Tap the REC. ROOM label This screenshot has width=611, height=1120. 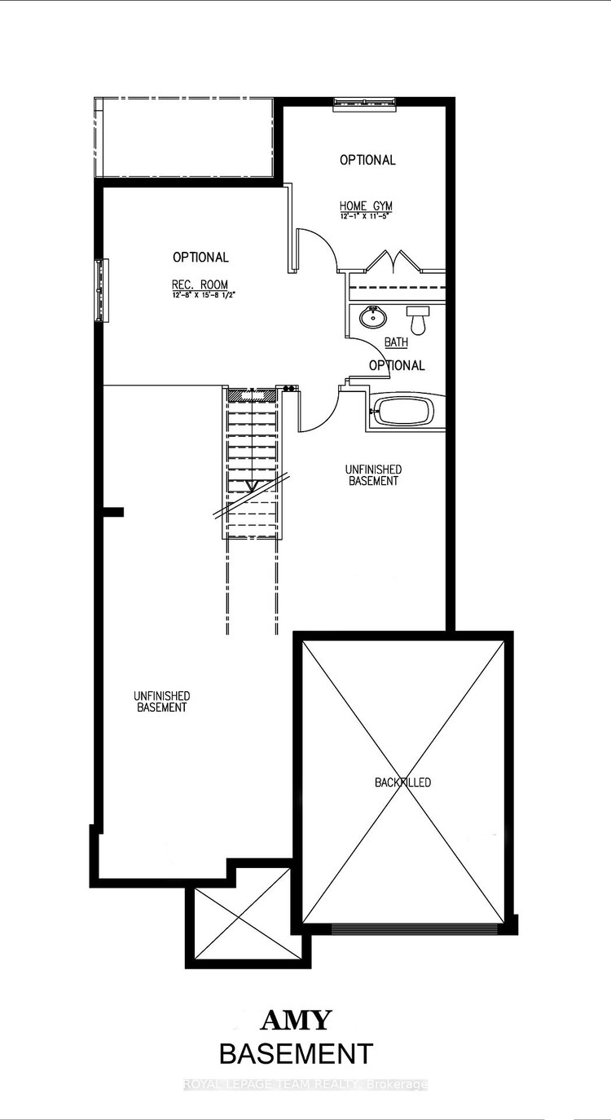point(200,284)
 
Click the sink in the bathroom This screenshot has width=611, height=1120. point(375,315)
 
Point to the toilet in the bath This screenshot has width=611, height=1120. point(419,320)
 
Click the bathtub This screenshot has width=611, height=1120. point(402,411)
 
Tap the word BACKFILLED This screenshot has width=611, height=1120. point(402,783)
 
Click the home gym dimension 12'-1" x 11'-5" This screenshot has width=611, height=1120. point(367,217)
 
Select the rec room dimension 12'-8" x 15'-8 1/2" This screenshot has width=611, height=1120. point(200,294)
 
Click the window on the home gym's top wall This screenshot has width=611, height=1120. point(366,102)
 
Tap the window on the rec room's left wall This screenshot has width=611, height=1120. point(102,291)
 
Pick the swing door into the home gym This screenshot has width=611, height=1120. point(316,249)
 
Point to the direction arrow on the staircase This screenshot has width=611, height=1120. point(252,487)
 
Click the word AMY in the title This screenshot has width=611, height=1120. point(296,1020)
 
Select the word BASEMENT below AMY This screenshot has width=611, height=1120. point(296,1053)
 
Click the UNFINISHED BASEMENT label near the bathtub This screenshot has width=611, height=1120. point(373,475)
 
